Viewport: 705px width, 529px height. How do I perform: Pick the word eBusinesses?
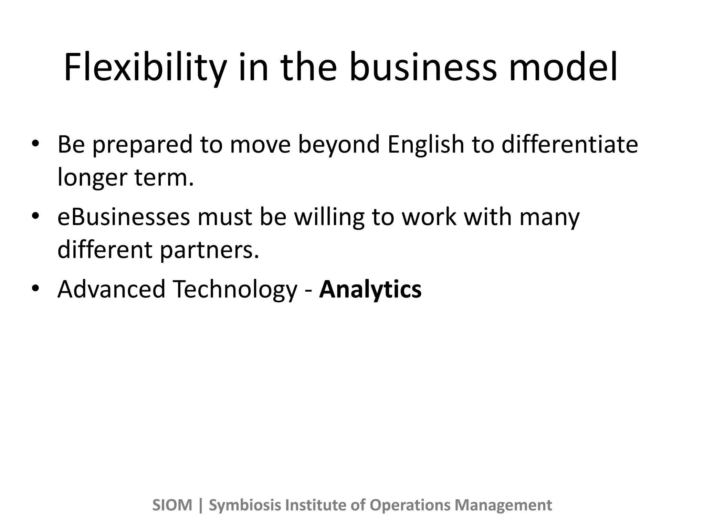pyautogui.click(x=124, y=217)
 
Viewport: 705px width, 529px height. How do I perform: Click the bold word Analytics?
pyautogui.click(x=370, y=290)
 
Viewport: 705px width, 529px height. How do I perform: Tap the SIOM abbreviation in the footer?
pyautogui.click(x=172, y=505)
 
